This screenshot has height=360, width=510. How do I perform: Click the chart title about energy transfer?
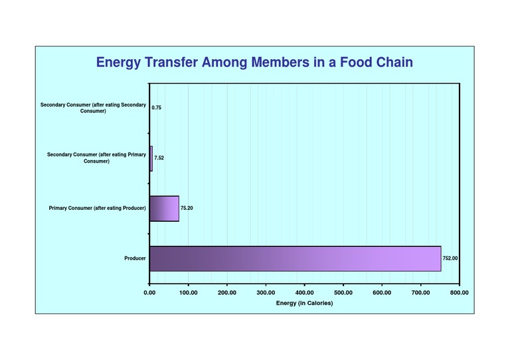click(255, 62)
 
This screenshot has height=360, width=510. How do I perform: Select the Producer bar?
click(295, 258)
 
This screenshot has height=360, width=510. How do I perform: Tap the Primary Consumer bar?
click(164, 209)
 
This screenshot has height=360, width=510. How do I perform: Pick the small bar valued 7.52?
click(151, 158)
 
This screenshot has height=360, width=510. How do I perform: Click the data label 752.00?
click(450, 258)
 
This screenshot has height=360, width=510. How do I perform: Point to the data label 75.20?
click(187, 209)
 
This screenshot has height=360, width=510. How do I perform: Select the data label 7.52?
click(159, 158)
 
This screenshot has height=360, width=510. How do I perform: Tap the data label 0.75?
click(157, 108)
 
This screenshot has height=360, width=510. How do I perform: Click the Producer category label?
click(135, 258)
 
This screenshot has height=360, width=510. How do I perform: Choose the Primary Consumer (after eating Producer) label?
click(97, 209)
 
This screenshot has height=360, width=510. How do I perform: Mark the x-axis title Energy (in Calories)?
click(304, 303)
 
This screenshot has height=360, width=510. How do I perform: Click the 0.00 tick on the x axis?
click(149, 292)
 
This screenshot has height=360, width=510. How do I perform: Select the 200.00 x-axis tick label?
click(227, 292)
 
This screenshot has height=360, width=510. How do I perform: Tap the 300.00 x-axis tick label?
click(266, 292)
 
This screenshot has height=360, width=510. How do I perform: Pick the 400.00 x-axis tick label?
click(304, 292)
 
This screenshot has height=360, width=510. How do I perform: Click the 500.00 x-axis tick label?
click(343, 292)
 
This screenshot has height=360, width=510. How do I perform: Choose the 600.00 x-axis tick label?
click(382, 292)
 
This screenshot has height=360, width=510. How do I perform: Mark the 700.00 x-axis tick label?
click(420, 292)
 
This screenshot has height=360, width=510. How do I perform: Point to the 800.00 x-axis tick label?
click(459, 292)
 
